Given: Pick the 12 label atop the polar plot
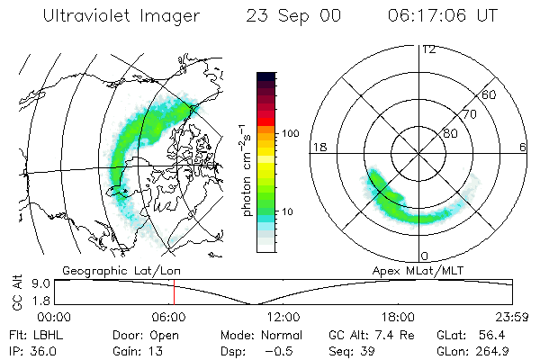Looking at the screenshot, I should coord(428,49).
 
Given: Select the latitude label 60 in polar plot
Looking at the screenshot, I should coord(490,94).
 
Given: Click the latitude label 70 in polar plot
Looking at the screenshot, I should coord(470,114).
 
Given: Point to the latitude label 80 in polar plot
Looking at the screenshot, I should coord(450,134).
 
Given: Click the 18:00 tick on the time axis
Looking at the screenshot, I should coord(398,317).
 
